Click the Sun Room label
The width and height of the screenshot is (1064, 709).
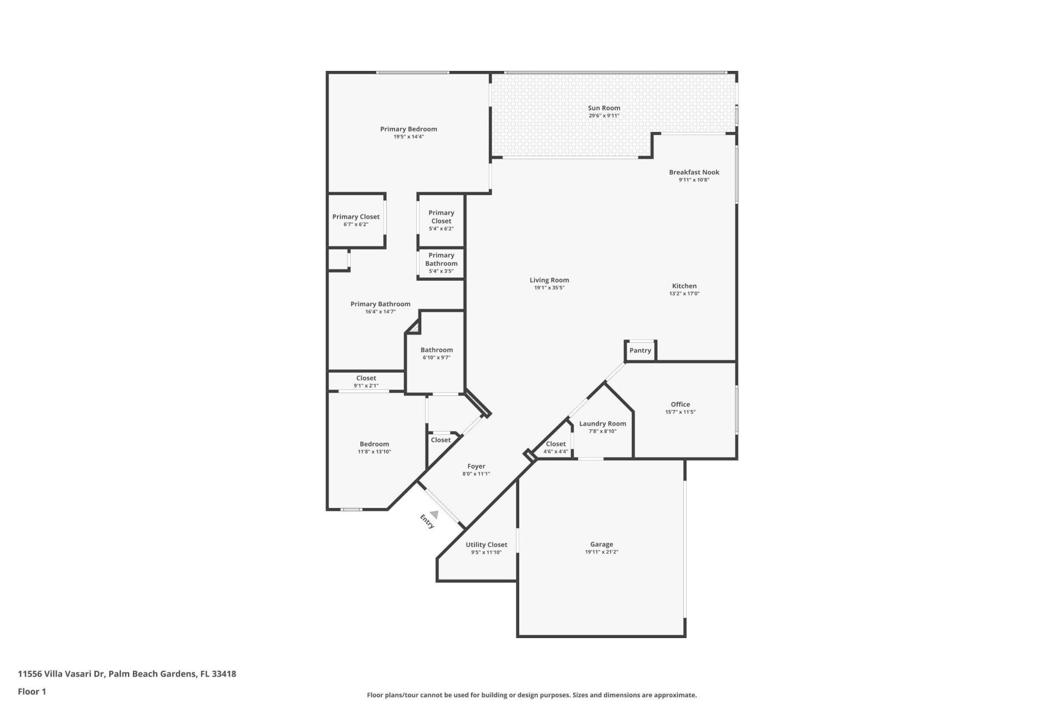pyautogui.click(x=603, y=108)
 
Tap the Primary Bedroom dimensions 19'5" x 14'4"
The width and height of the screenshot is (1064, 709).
pyautogui.click(x=408, y=137)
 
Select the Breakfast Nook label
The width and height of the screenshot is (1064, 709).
pyautogui.click(x=694, y=172)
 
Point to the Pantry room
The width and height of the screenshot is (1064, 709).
pyautogui.click(x=640, y=351)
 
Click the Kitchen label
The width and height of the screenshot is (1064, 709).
pyautogui.click(x=684, y=286)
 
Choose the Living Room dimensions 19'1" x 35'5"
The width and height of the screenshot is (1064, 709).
pyautogui.click(x=549, y=288)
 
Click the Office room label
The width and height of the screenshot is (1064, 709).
pyautogui.click(x=680, y=404)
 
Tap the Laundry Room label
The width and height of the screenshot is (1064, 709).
pyautogui.click(x=602, y=424)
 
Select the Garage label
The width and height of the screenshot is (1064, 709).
pyautogui.click(x=601, y=544)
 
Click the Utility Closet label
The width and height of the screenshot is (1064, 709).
pyautogui.click(x=486, y=544)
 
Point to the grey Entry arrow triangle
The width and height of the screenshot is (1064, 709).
pyautogui.click(x=435, y=515)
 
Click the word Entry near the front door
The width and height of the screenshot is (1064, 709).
pyautogui.click(x=427, y=521)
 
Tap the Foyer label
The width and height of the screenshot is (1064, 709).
pyautogui.click(x=476, y=466)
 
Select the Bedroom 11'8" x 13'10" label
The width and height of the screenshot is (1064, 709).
pyautogui.click(x=374, y=444)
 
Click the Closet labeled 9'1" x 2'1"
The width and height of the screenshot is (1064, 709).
pyautogui.click(x=366, y=378)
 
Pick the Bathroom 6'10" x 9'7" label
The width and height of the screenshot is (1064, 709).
pyautogui.click(x=436, y=350)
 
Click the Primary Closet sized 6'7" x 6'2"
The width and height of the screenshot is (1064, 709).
pyautogui.click(x=356, y=217)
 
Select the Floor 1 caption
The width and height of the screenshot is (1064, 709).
pyautogui.click(x=32, y=691)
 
